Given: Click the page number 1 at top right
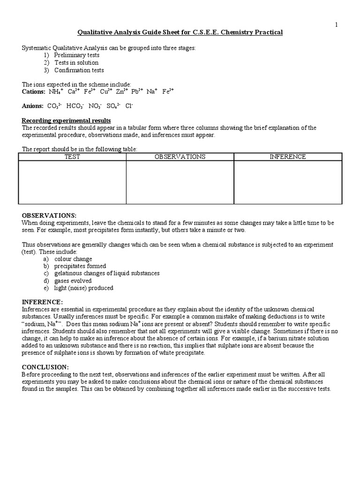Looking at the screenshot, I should pos(336,25).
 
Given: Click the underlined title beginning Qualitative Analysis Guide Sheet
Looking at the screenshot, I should pos(180,32).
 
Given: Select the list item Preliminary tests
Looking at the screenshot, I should pos(76,55).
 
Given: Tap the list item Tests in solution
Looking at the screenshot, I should pos(76,63).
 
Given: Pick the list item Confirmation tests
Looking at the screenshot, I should pos(79,70).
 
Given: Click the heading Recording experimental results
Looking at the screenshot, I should pos(67,120).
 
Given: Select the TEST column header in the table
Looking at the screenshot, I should pos(72,157).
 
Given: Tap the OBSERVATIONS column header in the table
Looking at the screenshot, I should pos(180,157).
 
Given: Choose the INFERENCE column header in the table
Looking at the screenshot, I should pos(287,157).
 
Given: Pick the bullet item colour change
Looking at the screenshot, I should pos(73,259).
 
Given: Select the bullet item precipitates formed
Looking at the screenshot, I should pos(80,266).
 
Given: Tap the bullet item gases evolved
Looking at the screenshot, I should pos(73,281).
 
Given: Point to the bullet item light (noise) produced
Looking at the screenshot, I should pos(83,288).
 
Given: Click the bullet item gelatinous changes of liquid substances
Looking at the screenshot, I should pos(107,273).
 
